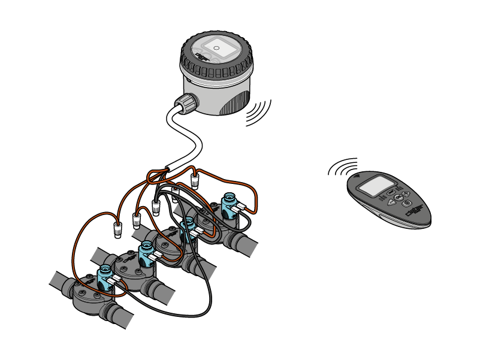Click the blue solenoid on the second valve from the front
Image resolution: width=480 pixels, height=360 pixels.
pyautogui.click(x=145, y=254)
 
